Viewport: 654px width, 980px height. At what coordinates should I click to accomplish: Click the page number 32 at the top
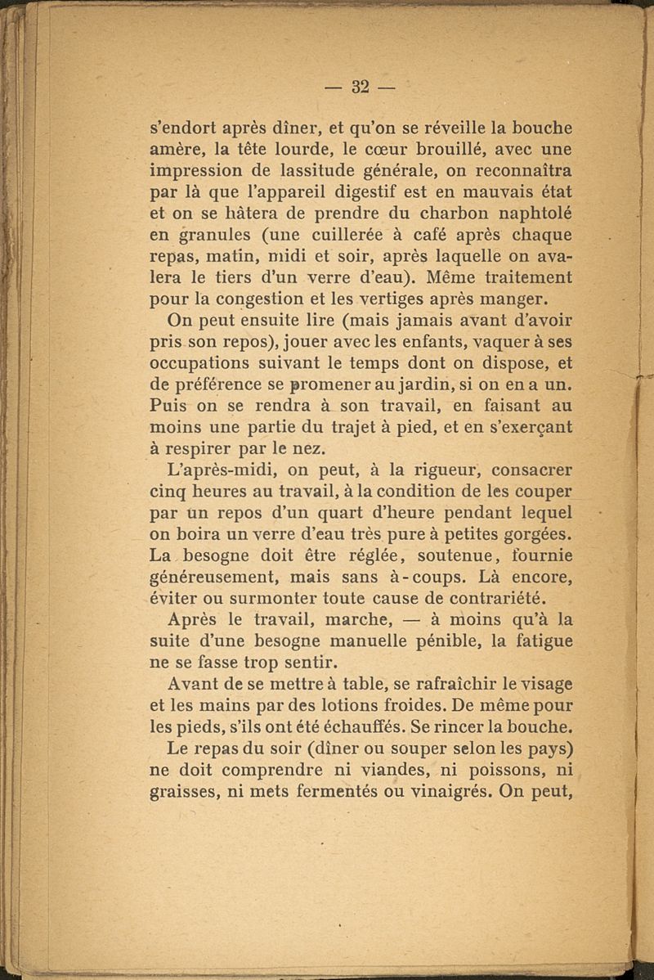click(361, 87)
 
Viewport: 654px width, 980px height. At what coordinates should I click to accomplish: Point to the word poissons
click(490, 770)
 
